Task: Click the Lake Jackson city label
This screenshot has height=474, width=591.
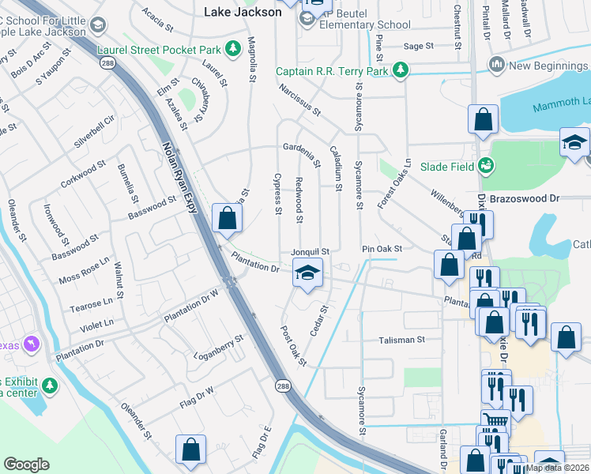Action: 242,12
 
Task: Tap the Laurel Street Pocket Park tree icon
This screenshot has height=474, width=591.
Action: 232,50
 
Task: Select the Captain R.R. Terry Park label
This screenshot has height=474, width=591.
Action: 332,71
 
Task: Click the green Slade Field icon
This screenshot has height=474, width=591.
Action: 486,166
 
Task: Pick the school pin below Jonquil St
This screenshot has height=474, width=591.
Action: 307,274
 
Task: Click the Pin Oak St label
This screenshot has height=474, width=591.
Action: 382,249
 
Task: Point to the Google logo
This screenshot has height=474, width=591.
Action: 26,465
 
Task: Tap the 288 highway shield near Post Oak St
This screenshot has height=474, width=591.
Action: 284,386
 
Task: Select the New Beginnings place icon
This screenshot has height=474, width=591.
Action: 497,64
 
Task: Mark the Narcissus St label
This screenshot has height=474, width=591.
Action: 299,98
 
